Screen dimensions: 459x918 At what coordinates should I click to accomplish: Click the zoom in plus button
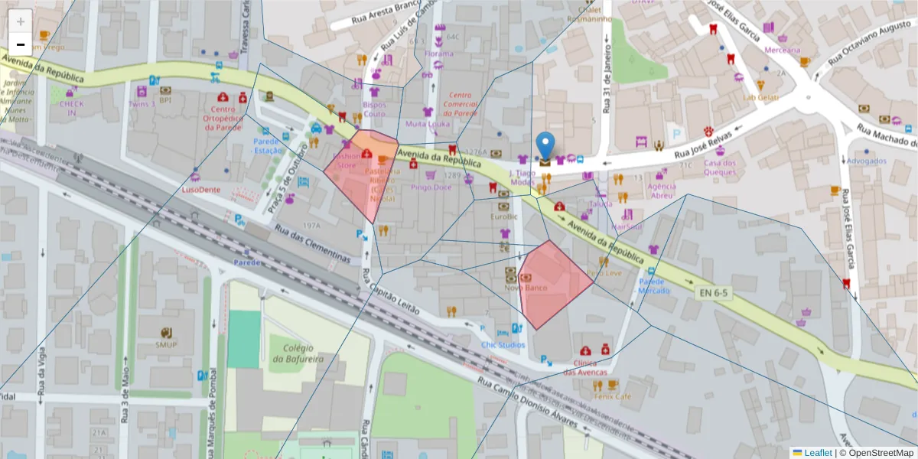[x=21, y=21]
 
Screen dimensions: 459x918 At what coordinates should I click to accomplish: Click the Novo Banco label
[x=525, y=288]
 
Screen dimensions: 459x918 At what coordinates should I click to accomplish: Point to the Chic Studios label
[x=503, y=345]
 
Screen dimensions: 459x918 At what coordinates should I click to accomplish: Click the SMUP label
[x=166, y=344]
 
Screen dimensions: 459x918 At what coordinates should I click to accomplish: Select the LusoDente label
[x=200, y=189]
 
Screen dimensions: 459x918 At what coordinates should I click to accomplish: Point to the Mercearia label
[x=782, y=50]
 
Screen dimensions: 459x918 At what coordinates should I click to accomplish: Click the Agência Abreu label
[x=661, y=190]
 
